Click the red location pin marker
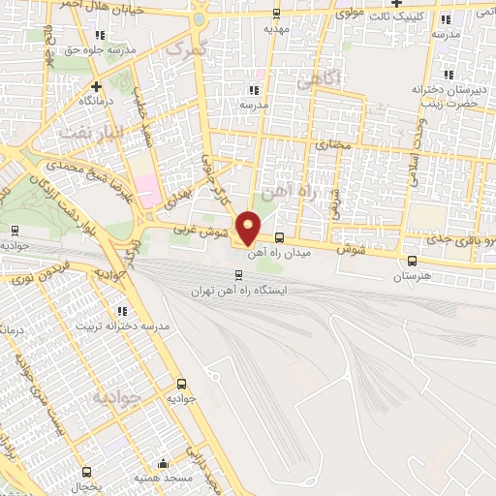coord(249,227)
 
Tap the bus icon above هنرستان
coord(414,260)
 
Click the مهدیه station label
coord(278,29)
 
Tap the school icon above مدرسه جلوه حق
coord(100,35)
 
